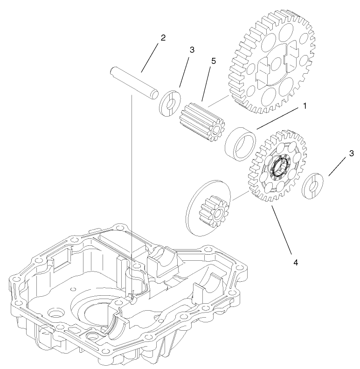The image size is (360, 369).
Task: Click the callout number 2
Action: pyautogui.click(x=162, y=38)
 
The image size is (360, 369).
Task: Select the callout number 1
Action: pyautogui.click(x=305, y=106)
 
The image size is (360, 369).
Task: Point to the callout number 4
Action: pyautogui.click(x=295, y=262)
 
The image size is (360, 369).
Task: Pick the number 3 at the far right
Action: pyautogui.click(x=351, y=153)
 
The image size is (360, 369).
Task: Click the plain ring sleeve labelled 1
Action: pyautogui.click(x=241, y=143)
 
